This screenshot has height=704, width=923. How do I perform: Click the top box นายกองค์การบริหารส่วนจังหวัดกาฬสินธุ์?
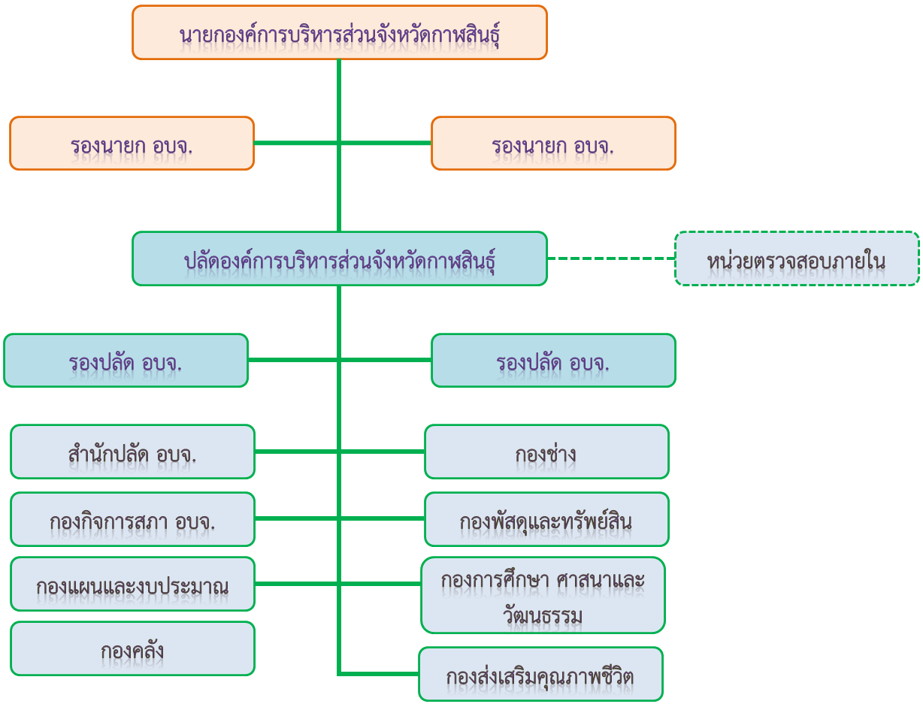coord(339,32)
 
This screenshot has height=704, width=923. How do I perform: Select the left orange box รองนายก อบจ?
coord(132,144)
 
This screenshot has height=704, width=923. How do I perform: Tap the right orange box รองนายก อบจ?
coord(553,144)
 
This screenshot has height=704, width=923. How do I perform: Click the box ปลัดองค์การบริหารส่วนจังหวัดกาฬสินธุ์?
coord(339,258)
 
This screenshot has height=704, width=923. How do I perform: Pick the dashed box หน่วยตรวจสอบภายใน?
coord(797,258)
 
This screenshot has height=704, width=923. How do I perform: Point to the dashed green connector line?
coord(611,258)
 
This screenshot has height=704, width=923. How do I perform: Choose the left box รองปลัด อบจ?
coord(126,360)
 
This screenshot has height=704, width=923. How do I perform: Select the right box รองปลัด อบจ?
coord(553,360)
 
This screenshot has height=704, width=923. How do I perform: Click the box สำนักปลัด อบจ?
coord(132,452)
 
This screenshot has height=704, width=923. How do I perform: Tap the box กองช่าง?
coord(546,452)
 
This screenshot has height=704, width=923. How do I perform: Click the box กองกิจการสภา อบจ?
coord(132,519)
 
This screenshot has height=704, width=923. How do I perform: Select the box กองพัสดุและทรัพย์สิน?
coord(546,519)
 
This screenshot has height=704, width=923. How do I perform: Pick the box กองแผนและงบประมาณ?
coord(132,584)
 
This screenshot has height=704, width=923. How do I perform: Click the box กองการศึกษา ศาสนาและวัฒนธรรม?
coord(543,595)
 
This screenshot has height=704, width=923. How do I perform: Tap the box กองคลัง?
coord(132,648)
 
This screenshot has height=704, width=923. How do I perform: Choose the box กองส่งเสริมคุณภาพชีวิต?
coord(540,674)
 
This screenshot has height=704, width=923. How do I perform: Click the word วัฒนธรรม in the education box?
coord(543,614)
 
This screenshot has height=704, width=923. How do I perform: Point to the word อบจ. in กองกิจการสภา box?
coord(195,522)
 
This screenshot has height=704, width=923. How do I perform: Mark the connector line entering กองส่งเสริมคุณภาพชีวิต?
coord(379,674)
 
